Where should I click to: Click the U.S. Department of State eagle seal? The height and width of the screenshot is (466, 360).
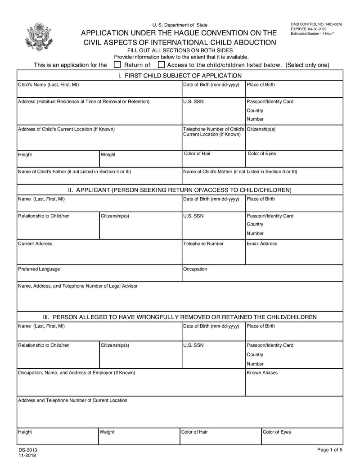(39, 36)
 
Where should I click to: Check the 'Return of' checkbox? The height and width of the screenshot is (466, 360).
(117, 65)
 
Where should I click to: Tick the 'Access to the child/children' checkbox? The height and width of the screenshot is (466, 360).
(161, 65)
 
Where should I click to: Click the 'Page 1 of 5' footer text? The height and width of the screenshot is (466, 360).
(329, 450)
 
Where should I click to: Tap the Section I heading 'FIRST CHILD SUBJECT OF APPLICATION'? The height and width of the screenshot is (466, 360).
(180, 76)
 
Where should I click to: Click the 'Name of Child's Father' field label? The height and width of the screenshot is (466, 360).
(74, 172)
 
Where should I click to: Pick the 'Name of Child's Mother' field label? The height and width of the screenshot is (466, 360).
(240, 172)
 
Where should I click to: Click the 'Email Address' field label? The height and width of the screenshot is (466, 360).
(262, 244)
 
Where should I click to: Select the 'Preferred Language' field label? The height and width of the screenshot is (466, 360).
(39, 269)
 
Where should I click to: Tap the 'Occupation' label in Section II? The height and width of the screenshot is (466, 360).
(195, 269)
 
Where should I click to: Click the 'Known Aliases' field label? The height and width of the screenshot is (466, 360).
(262, 373)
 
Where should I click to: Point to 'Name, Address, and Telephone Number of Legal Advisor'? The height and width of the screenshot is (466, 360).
(78, 286)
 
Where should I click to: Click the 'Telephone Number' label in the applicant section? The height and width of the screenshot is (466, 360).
(203, 244)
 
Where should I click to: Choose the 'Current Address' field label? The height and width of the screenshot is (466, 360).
(35, 244)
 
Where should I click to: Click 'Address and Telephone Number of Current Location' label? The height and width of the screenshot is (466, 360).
(72, 400)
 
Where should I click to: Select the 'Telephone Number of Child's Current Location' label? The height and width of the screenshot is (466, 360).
(213, 132)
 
